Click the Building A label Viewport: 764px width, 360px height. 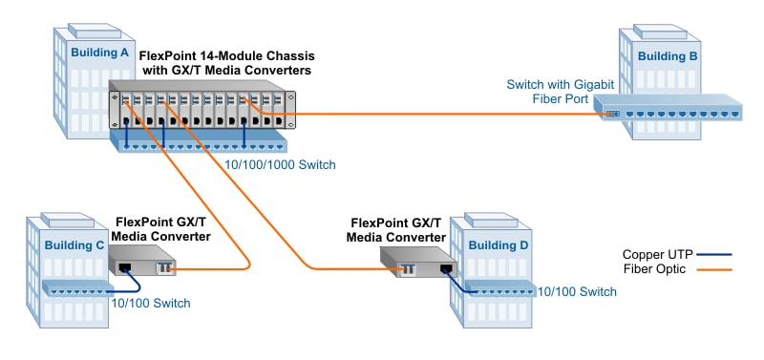tap(98, 53)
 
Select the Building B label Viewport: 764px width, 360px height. tap(666, 57)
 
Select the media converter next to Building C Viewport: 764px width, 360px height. tap(143, 262)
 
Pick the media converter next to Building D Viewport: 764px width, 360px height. tap(417, 263)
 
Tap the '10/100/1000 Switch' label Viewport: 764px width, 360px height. tap(278, 165)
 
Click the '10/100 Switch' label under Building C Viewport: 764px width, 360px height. tap(151, 304)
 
